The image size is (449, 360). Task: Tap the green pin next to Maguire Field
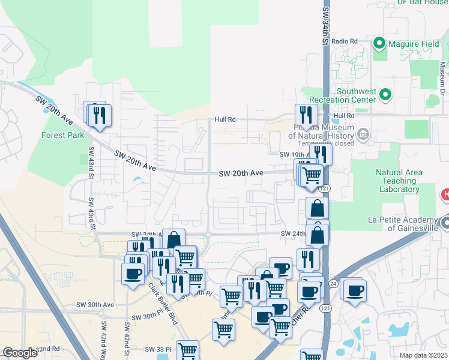(x=379, y=44)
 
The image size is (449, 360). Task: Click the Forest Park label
(x=63, y=135)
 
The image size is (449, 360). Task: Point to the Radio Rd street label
(x=344, y=41)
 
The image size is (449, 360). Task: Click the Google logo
(x=20, y=353)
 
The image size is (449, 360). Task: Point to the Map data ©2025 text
(x=423, y=355)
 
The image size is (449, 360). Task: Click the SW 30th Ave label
(x=100, y=305)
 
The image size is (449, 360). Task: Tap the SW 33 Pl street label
(x=158, y=349)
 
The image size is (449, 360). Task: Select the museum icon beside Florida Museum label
(x=363, y=135)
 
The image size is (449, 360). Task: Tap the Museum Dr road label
(x=442, y=73)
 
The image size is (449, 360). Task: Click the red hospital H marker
(x=445, y=194)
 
